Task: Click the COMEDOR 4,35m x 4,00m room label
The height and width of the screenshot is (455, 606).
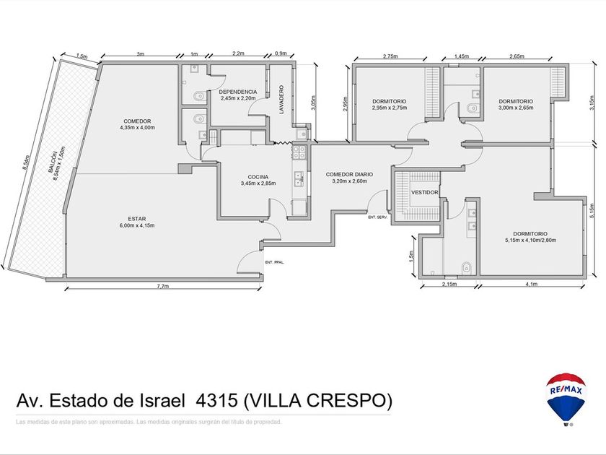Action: (x=136, y=124)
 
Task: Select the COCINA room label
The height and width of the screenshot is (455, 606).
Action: (x=258, y=180)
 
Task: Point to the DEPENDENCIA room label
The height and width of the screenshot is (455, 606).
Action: (x=237, y=95)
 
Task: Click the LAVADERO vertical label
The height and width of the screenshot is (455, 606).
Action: (x=280, y=100)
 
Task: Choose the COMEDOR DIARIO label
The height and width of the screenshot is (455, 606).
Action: (x=349, y=178)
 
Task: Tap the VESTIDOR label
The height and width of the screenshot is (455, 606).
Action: (x=424, y=193)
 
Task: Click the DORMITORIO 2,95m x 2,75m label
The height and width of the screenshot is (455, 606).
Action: (x=390, y=104)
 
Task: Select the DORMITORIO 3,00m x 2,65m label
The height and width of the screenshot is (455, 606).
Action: (x=515, y=104)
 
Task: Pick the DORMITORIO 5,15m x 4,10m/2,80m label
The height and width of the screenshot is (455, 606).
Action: (x=530, y=237)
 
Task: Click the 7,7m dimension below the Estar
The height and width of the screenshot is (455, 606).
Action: (x=163, y=287)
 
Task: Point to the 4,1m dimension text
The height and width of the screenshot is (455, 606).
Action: (x=532, y=285)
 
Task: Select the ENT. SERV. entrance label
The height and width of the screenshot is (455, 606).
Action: (x=377, y=217)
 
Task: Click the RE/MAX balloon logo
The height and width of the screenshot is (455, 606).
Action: (x=566, y=397)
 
